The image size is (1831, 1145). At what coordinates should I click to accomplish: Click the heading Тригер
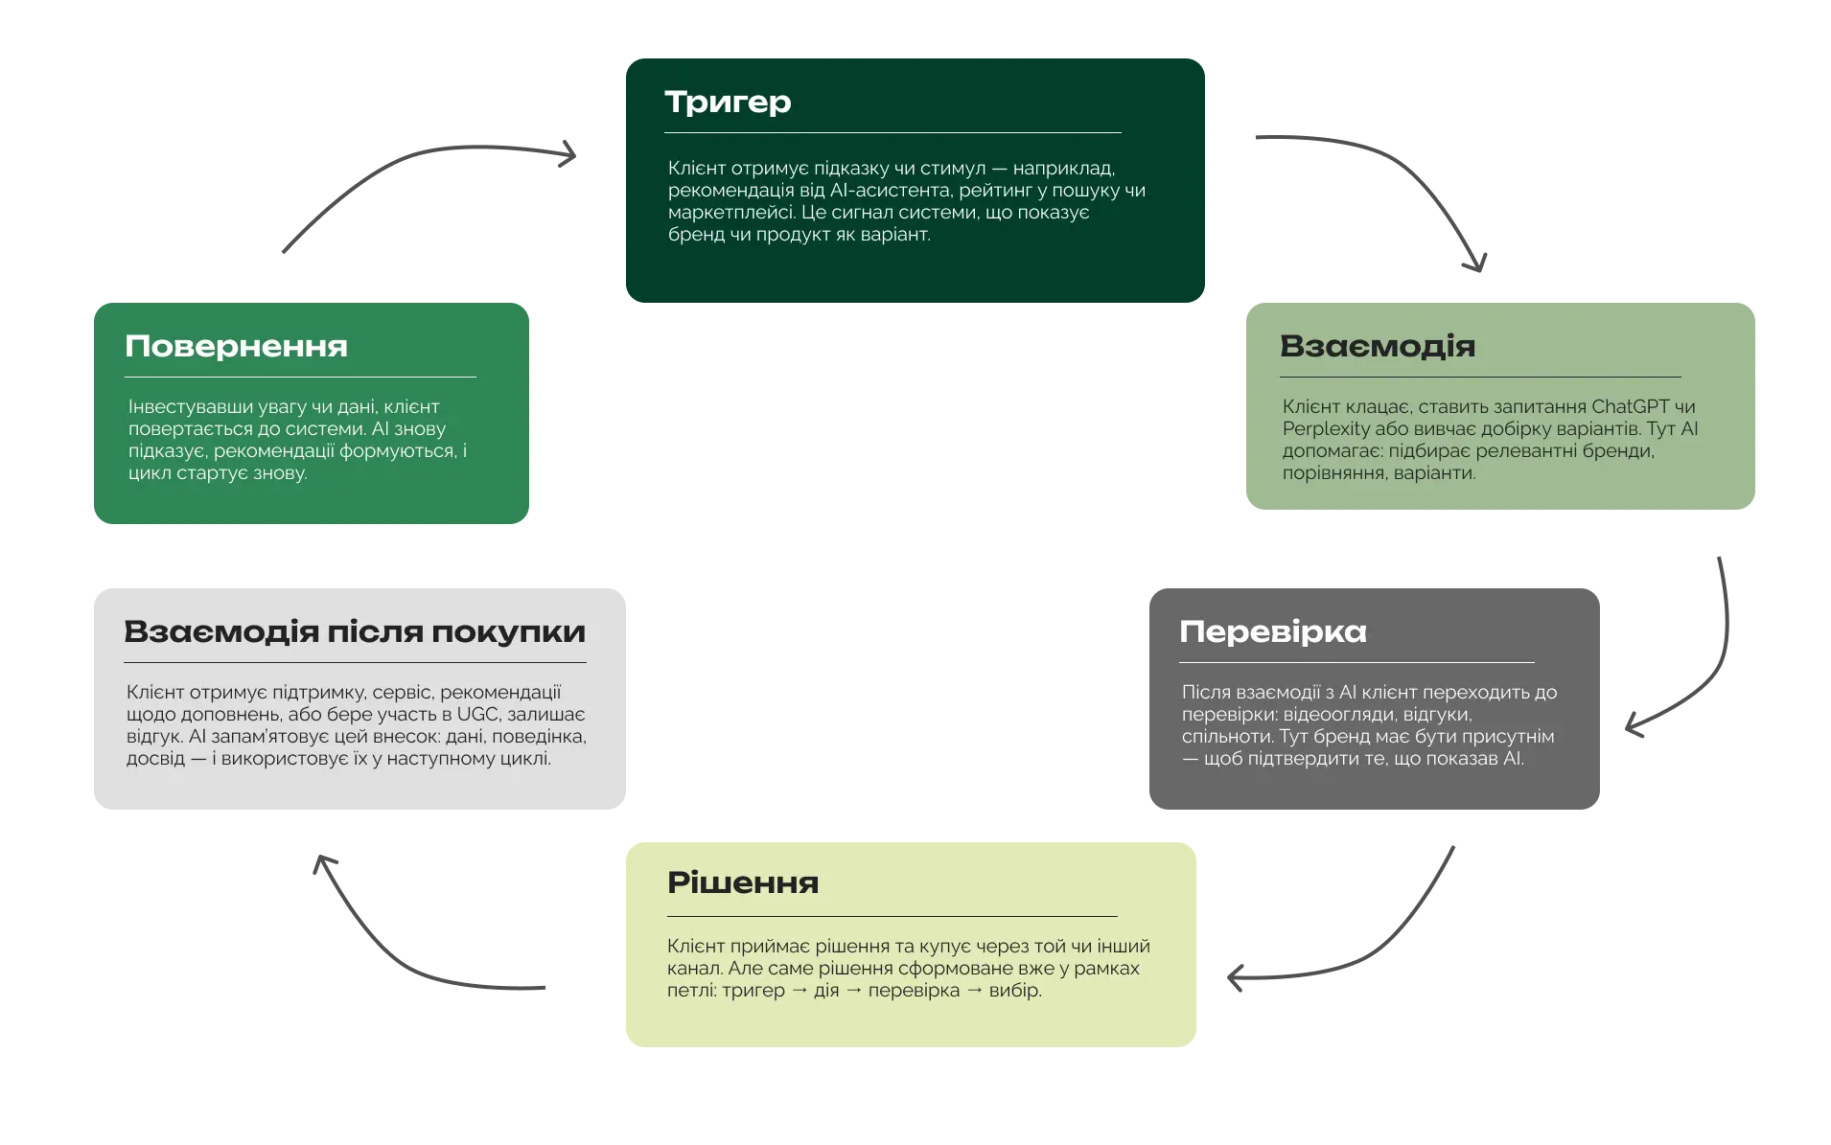pos(728,102)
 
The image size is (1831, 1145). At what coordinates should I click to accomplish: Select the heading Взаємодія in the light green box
pos(1377,346)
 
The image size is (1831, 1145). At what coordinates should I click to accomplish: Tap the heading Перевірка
pos(1272,631)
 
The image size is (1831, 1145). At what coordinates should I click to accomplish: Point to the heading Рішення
pos(743,882)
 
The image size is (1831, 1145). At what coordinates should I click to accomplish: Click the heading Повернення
pos(236,346)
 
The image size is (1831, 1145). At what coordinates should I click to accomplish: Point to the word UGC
pos(478,715)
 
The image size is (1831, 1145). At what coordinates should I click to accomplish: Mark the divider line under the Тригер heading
pos(892,132)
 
